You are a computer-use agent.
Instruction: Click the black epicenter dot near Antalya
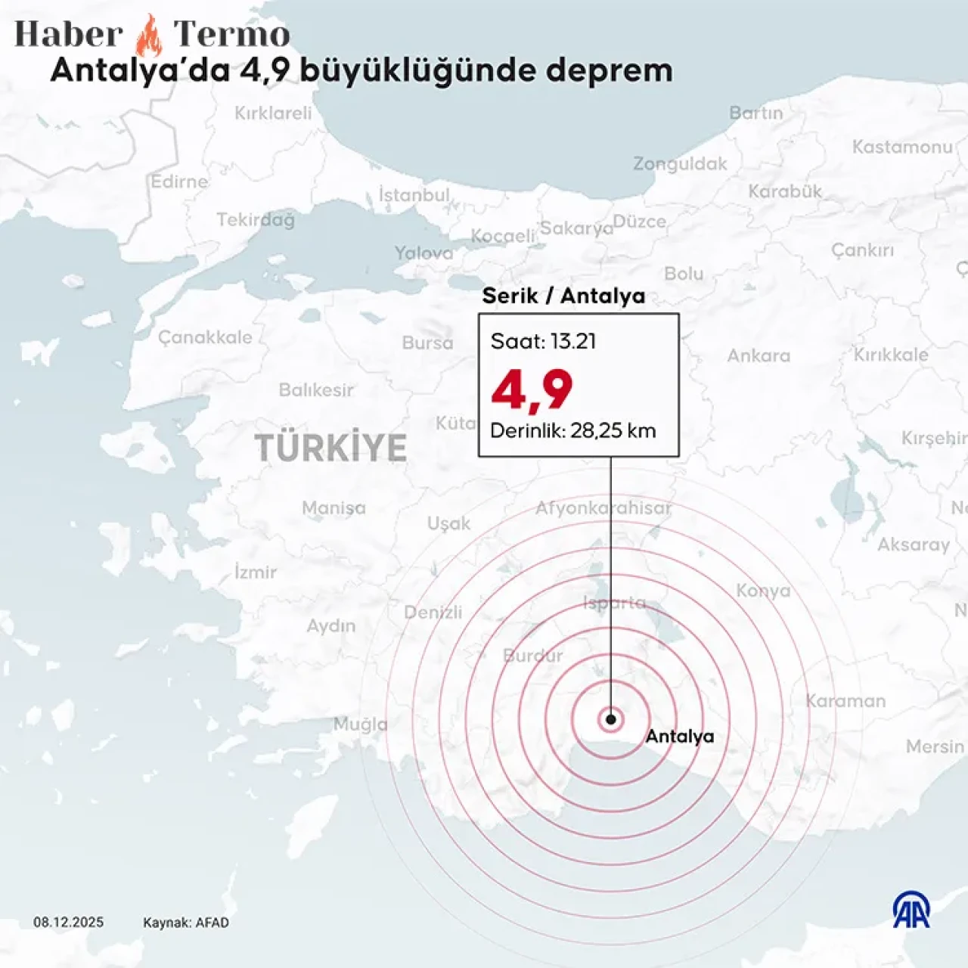click(x=610, y=719)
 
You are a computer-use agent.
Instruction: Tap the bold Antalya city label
click(x=679, y=736)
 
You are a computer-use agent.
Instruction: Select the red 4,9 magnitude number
click(x=532, y=390)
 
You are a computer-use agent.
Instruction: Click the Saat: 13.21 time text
click(x=543, y=341)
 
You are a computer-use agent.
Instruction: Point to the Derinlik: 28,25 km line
click(x=572, y=430)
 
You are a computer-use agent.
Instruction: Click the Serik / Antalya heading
click(x=563, y=296)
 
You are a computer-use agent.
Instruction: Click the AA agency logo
click(x=911, y=910)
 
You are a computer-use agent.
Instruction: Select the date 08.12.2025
click(x=68, y=922)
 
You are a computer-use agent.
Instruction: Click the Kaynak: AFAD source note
click(x=185, y=922)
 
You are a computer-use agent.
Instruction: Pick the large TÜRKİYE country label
click(x=330, y=448)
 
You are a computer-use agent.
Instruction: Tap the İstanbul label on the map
click(x=414, y=195)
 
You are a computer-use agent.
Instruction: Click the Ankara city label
click(x=759, y=355)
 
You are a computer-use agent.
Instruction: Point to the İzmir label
click(x=256, y=572)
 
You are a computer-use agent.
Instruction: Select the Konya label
click(x=763, y=591)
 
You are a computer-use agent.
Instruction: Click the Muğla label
click(x=361, y=724)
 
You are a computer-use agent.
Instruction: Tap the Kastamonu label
click(x=902, y=147)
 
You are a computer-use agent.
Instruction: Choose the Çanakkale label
click(x=205, y=337)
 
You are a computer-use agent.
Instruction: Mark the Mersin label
click(x=935, y=746)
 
